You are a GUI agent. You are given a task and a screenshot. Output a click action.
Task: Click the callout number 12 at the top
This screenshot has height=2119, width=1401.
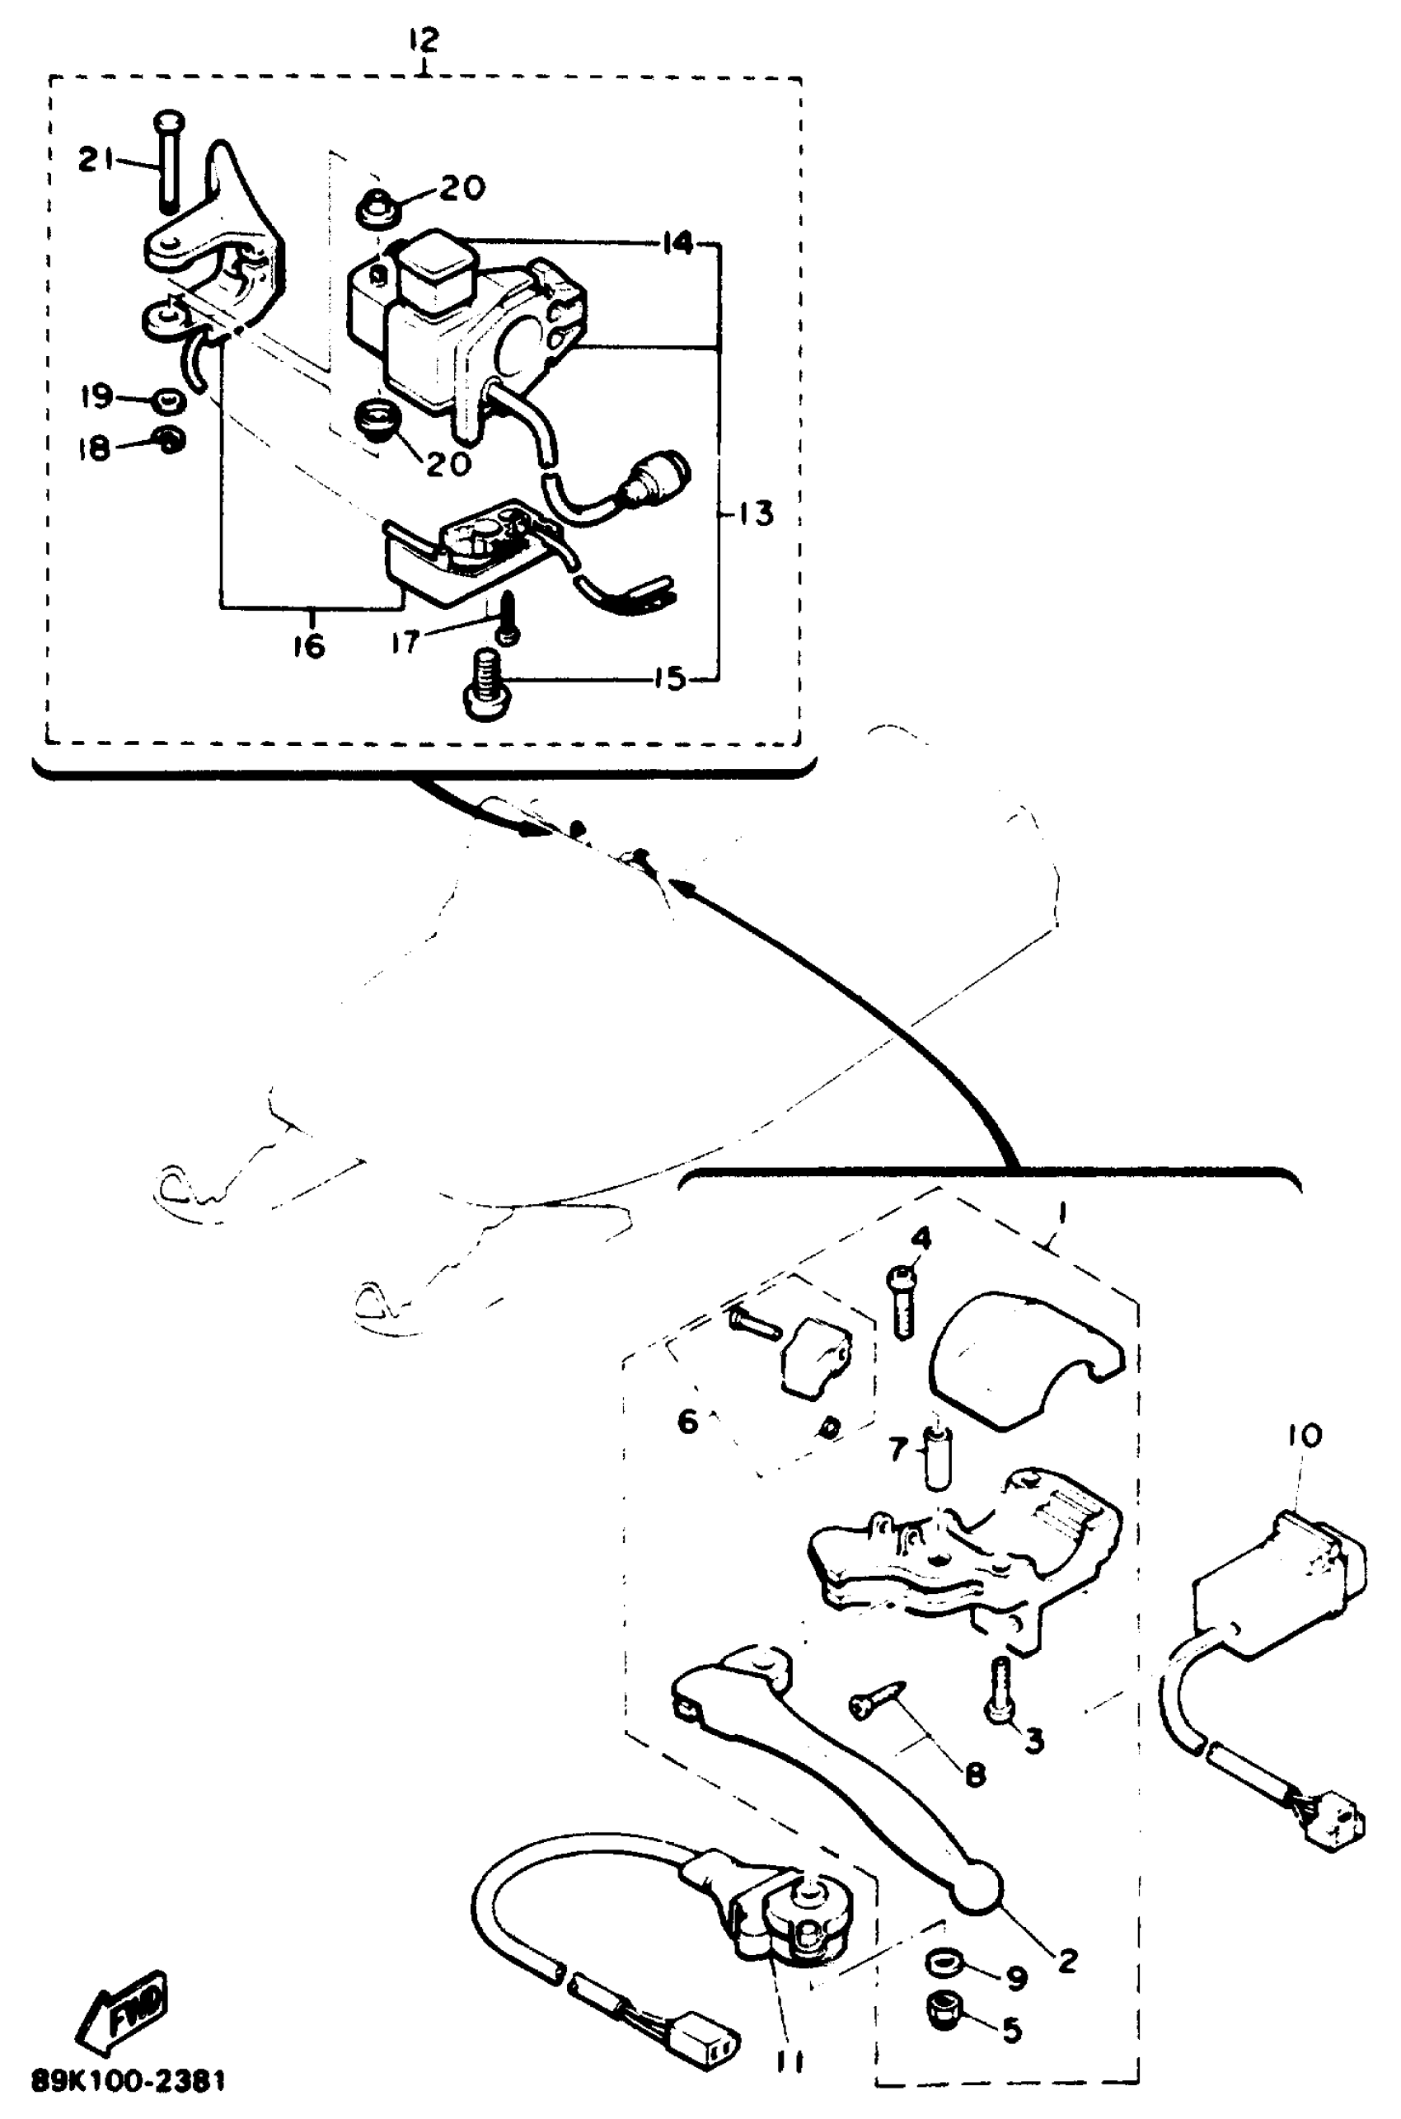(x=424, y=40)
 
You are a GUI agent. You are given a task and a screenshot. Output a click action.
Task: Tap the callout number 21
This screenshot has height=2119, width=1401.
(x=96, y=160)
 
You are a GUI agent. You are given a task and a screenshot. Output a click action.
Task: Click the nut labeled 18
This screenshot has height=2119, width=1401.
(x=169, y=438)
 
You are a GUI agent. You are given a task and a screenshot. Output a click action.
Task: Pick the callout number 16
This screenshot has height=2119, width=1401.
(x=309, y=646)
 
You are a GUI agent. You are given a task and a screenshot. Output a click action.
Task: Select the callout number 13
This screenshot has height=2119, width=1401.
(x=757, y=513)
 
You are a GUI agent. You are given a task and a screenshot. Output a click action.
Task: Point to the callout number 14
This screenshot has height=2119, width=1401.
(x=678, y=243)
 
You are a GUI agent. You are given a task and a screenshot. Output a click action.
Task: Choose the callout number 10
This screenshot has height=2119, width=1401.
(x=1305, y=1437)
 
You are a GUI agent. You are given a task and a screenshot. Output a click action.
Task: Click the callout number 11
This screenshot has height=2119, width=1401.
(x=789, y=2062)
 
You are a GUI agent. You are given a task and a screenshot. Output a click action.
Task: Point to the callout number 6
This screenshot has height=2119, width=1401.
(x=687, y=1421)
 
